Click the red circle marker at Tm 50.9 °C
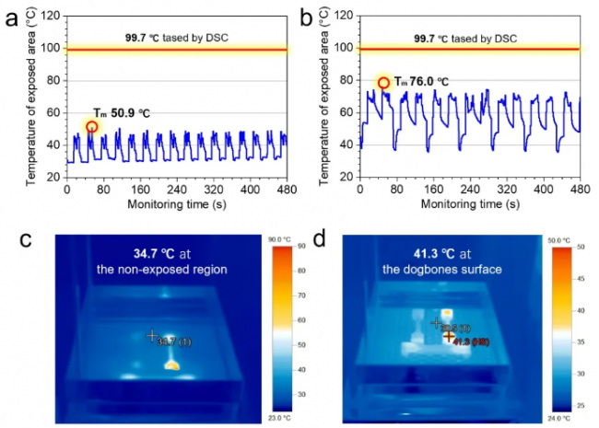(x=91, y=127)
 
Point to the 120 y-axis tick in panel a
(x=54, y=17)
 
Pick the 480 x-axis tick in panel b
(x=580, y=188)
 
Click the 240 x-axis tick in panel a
(x=177, y=188)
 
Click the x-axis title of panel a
(x=177, y=202)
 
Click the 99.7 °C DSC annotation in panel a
(x=176, y=38)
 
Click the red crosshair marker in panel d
(x=449, y=337)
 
